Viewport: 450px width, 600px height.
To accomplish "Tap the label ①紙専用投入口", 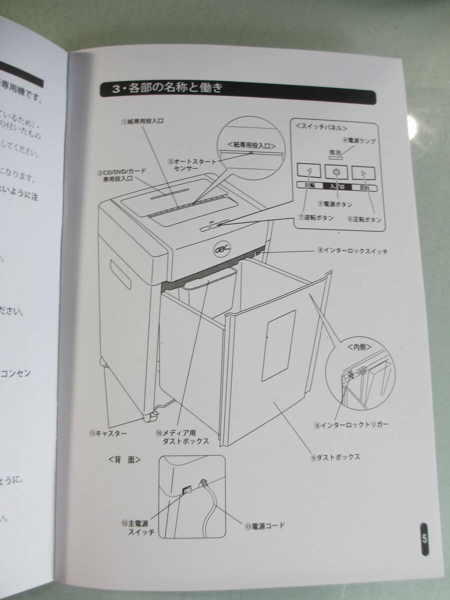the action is tap(143, 121).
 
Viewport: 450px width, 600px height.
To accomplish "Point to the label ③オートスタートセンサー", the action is tap(192, 165).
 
